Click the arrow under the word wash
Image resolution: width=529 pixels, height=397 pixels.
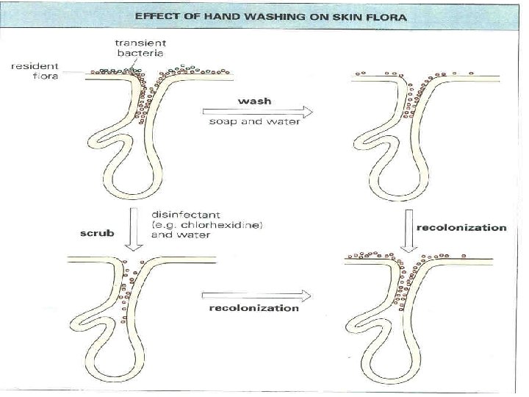[258, 111]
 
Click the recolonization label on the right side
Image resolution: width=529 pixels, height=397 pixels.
[461, 227]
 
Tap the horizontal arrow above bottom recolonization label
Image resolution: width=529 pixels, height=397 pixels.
[257, 294]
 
